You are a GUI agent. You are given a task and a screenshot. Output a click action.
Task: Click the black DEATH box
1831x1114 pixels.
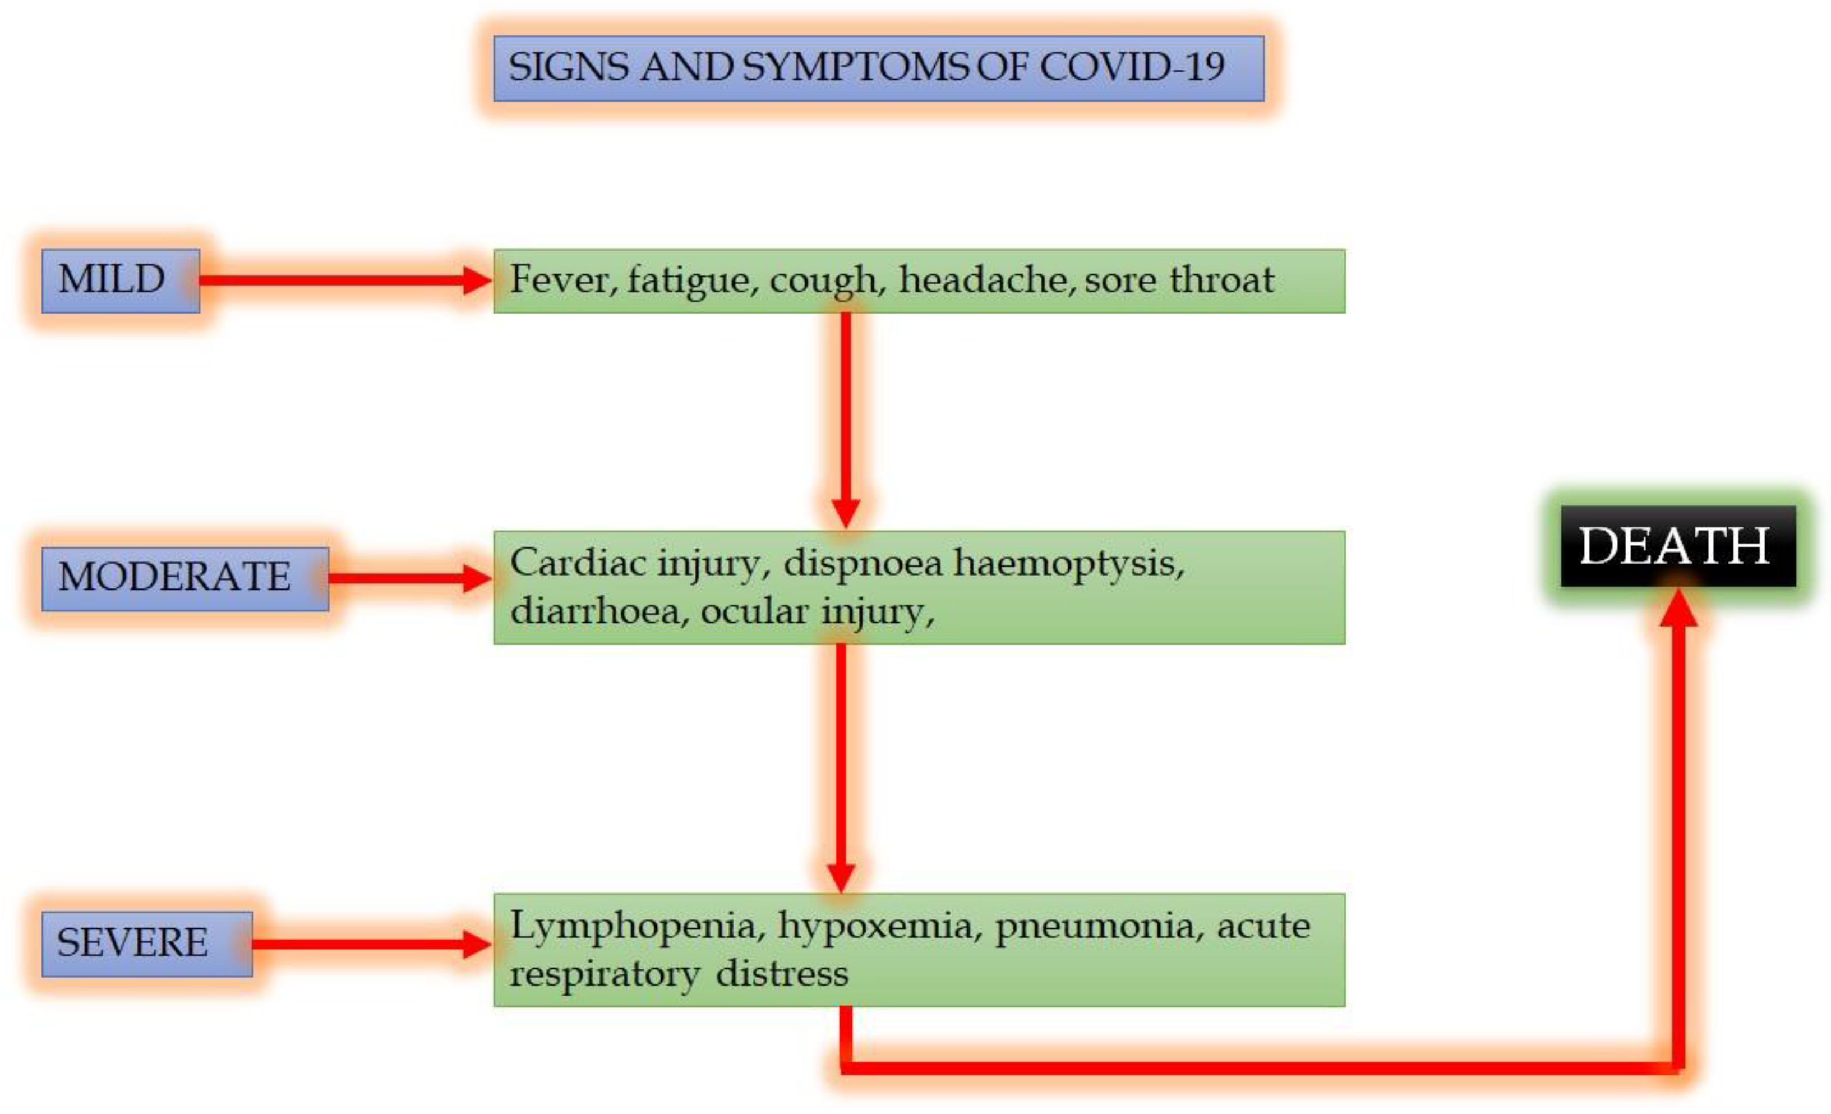[1677, 546]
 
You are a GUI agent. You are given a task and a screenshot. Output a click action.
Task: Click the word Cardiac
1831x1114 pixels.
[578, 563]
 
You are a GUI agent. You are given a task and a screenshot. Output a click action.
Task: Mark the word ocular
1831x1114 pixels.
[754, 611]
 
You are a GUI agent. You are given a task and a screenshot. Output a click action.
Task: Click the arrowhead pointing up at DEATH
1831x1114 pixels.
[1678, 608]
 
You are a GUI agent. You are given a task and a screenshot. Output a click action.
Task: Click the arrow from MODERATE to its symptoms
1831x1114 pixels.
[409, 578]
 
